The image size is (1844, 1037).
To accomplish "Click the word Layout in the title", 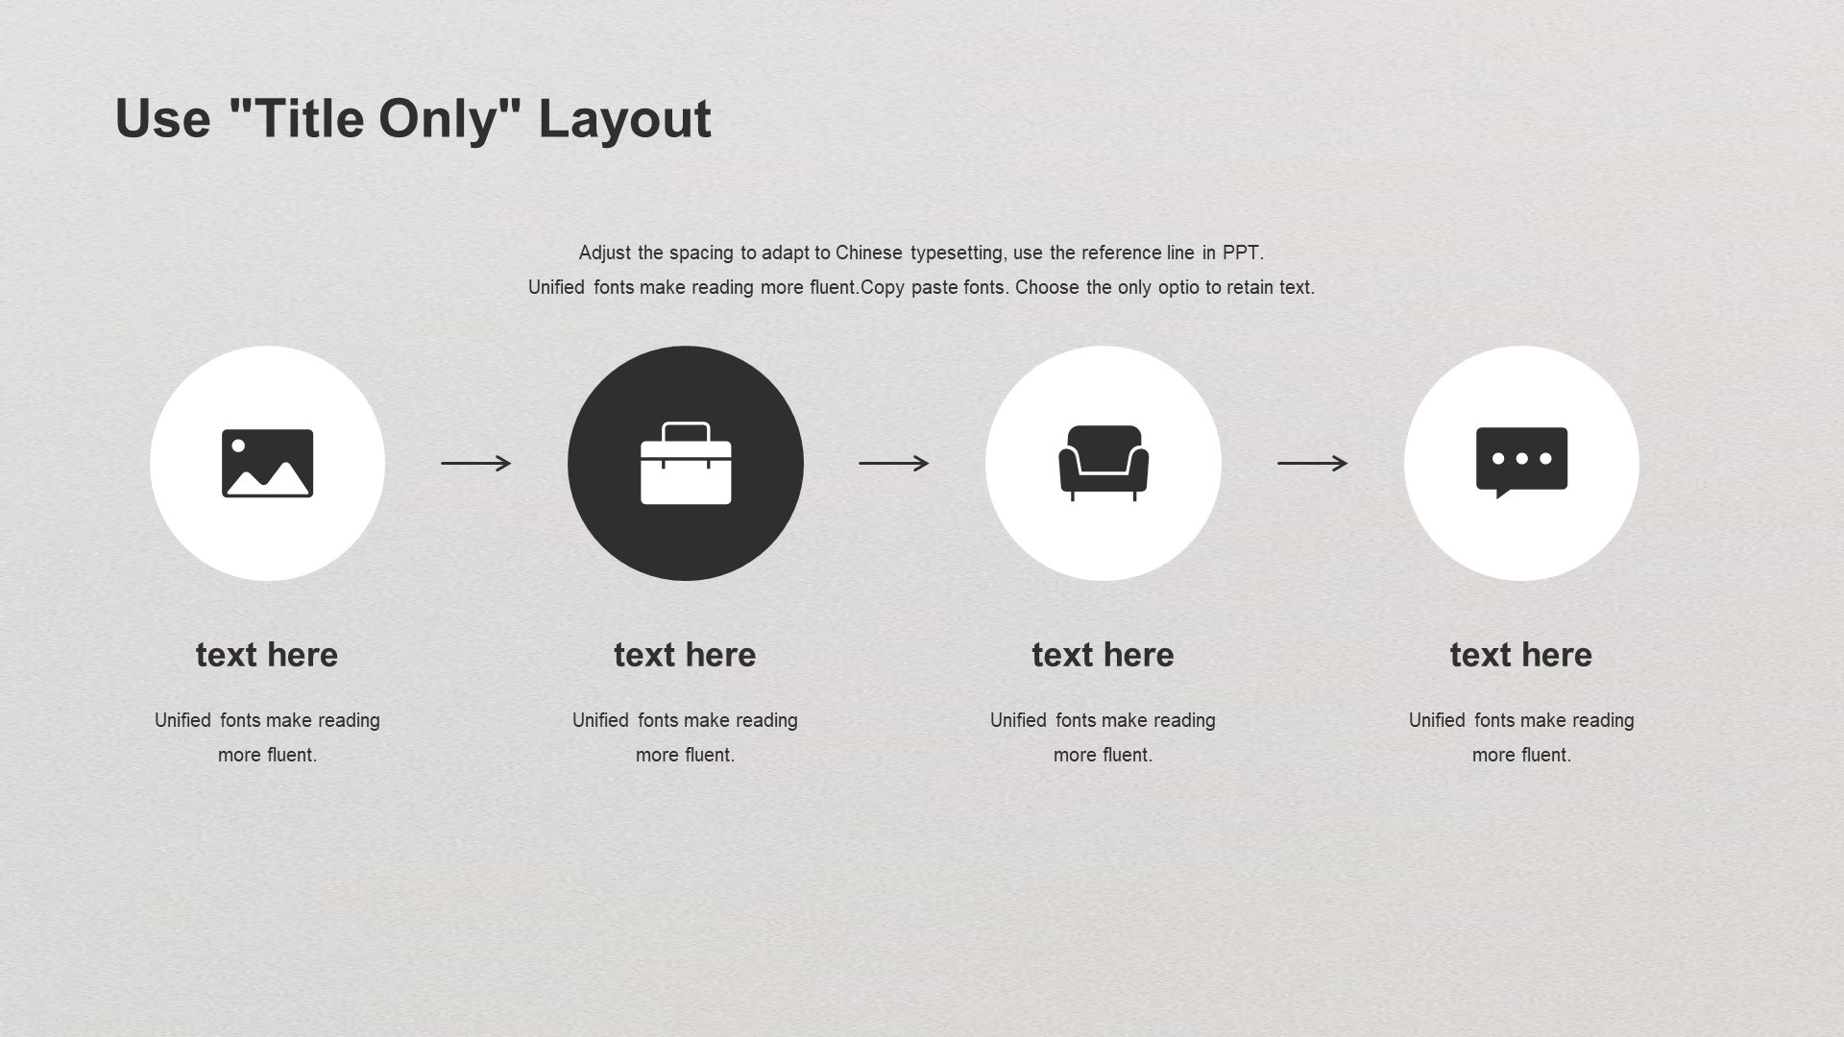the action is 624,121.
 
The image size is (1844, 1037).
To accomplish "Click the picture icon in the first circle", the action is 267,463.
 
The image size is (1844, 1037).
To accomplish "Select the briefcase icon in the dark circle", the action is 686,463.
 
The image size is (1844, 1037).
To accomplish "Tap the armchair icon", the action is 1104,463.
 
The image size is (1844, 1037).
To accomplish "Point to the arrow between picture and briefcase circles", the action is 476,463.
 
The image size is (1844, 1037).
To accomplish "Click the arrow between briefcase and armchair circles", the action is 894,463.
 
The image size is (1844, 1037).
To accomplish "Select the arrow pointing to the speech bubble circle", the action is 1312,463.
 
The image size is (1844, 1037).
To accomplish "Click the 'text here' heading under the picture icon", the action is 267,655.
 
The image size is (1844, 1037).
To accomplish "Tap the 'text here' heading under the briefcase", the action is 685,655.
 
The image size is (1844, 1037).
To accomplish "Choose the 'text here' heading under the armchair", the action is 1103,655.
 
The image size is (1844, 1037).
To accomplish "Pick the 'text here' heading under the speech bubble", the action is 1521,655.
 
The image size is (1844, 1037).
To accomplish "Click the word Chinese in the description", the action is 869,253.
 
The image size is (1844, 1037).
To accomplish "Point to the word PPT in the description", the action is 1241,253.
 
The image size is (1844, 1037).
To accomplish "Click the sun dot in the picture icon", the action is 238,446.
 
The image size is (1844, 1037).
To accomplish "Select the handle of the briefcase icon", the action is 686,431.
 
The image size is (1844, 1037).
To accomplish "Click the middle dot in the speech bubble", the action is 1521,458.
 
